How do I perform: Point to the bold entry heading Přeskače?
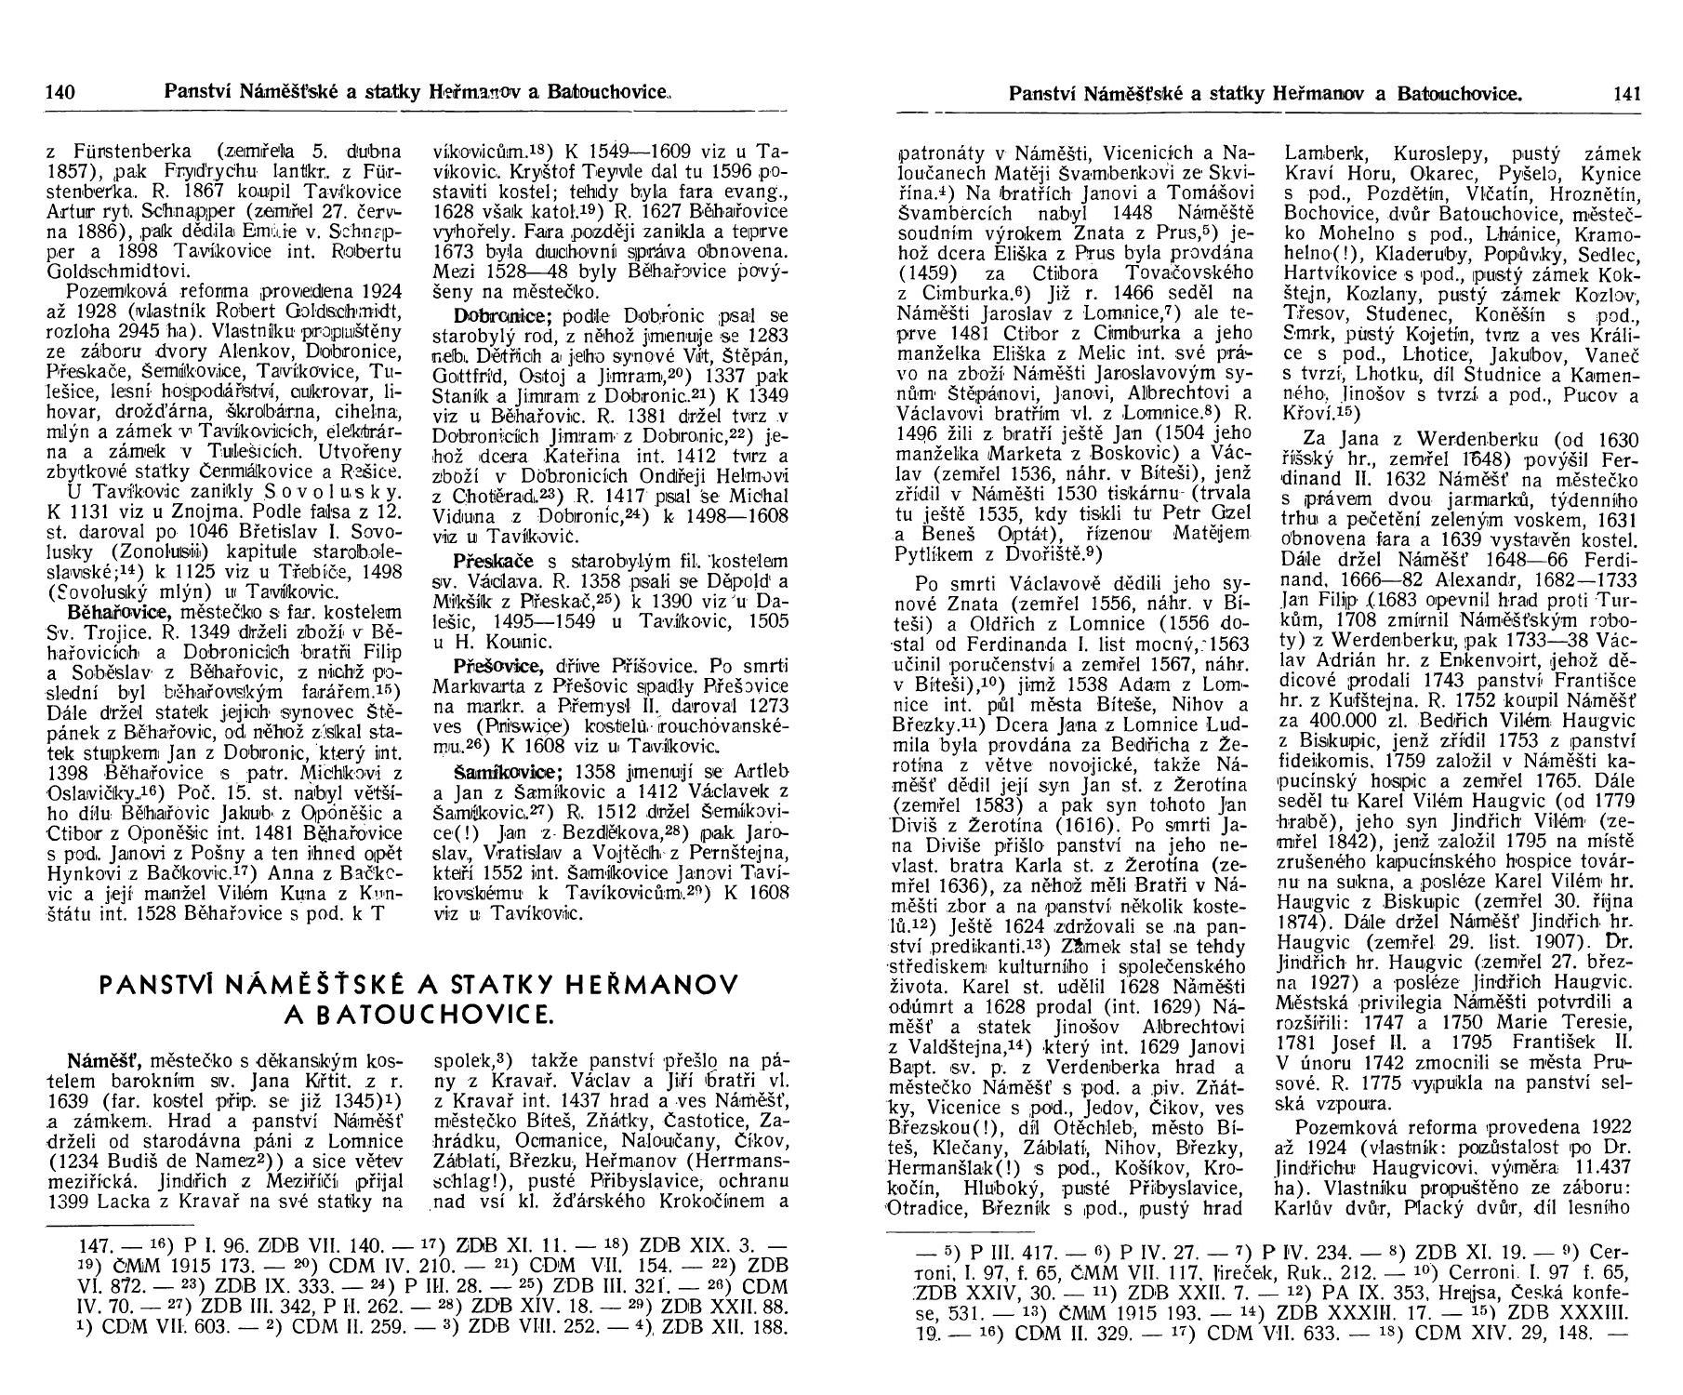click(487, 561)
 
